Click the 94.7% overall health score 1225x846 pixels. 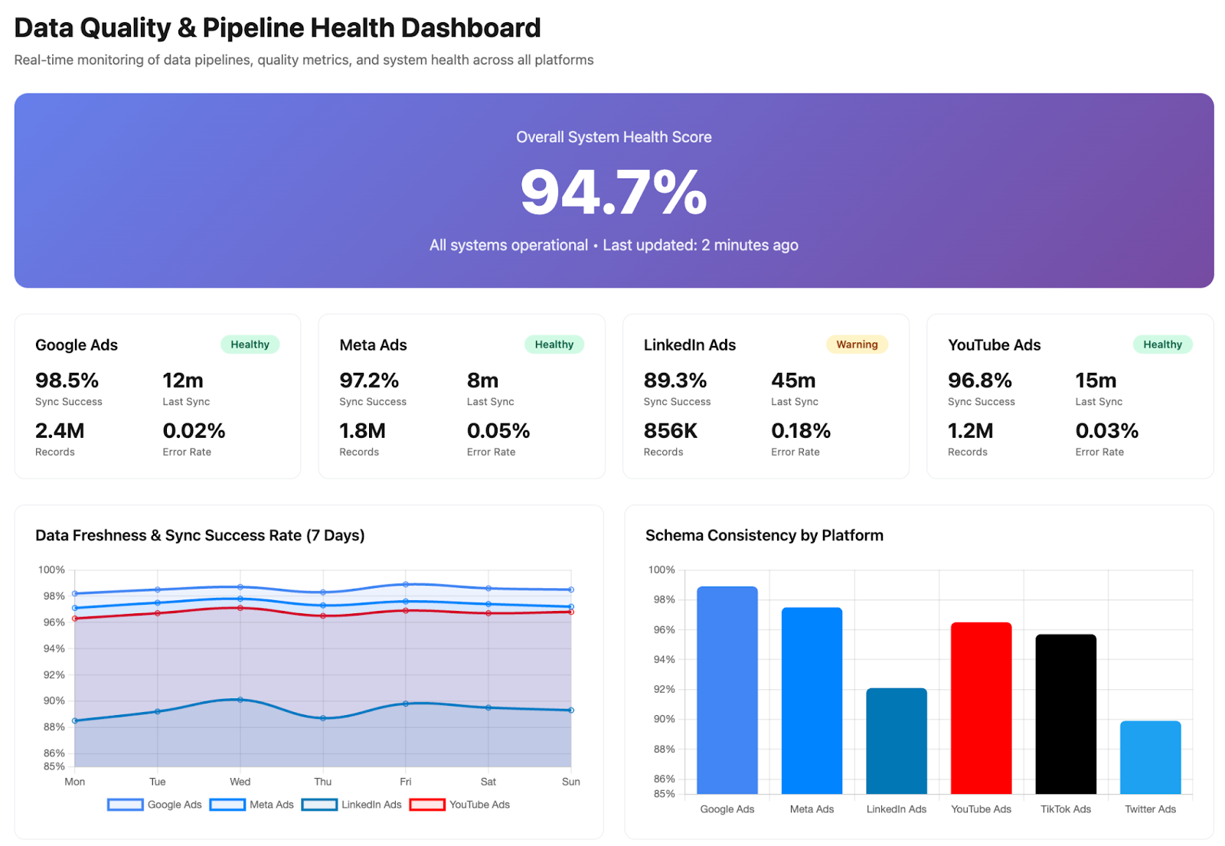coord(613,192)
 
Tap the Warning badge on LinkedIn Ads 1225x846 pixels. coord(856,345)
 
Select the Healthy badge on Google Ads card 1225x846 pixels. coord(250,345)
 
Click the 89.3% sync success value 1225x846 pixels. coord(675,381)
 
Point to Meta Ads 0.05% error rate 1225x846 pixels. coord(498,431)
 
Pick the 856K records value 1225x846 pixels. coord(670,431)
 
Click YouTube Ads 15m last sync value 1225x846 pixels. coord(1095,381)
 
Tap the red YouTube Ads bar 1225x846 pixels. coord(981,707)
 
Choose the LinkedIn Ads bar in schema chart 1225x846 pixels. coord(896,740)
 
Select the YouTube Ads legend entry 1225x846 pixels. coord(460,805)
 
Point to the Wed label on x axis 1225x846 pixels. coord(240,782)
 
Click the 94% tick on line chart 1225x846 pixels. coord(54,648)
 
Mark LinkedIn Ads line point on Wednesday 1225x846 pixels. coord(240,700)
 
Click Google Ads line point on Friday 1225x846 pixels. coord(406,584)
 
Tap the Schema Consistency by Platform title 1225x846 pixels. coord(763,535)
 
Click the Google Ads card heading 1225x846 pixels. coord(77,345)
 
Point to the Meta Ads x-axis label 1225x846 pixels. coord(812,809)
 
